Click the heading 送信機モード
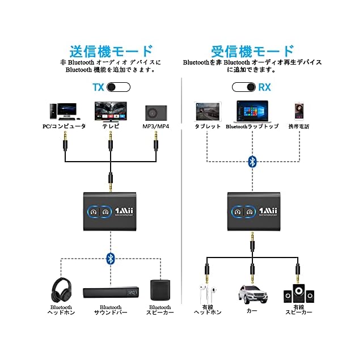tap(111, 50)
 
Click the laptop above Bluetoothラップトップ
tap(252, 111)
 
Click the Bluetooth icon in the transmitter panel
tap(111, 259)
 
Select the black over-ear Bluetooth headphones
tap(60, 289)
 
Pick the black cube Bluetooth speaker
tap(159, 290)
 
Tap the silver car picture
tap(252, 293)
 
